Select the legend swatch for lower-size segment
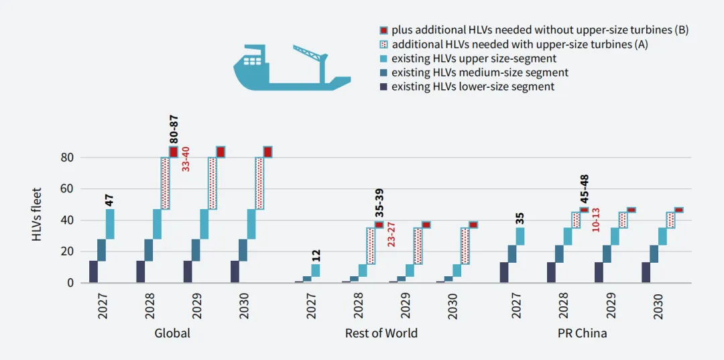coord(383,87)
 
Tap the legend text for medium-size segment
coord(480,72)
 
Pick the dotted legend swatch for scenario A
coord(383,44)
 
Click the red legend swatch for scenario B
coord(383,30)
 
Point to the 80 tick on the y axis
coord(67,158)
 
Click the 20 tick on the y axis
coord(67,251)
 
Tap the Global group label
coord(172,333)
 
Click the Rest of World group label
coord(381,333)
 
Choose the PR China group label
coord(582,333)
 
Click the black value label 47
coord(110,199)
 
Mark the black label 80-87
coord(173,129)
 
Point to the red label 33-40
coord(186,159)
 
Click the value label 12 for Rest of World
coord(316,255)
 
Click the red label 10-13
coord(595,220)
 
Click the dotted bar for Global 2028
coord(165,183)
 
